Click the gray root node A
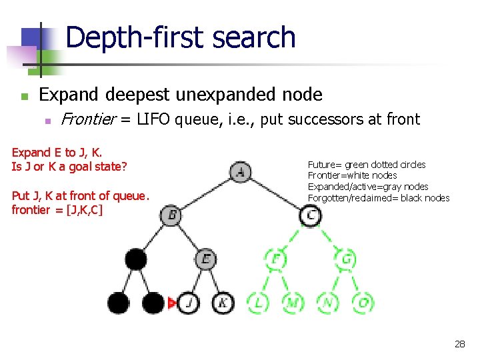(x=241, y=173)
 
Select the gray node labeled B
(x=171, y=215)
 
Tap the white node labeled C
(x=311, y=215)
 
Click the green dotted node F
(x=275, y=259)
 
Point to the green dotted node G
(x=345, y=259)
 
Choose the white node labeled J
(x=189, y=303)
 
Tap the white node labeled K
(x=223, y=303)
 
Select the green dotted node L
(x=258, y=303)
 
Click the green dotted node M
(x=293, y=303)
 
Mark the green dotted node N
(x=327, y=303)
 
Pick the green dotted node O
(x=363, y=303)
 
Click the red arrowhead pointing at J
(x=172, y=303)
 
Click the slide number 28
(x=459, y=344)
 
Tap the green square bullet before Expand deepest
(x=25, y=97)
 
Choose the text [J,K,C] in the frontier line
(x=80, y=210)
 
